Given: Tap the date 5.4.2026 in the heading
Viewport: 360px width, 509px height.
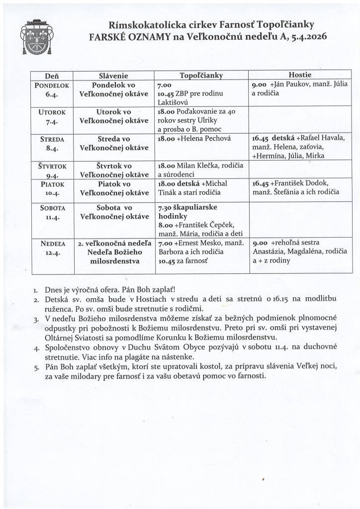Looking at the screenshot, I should tap(307, 36).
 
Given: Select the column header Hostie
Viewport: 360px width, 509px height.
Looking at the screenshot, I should tap(300, 76).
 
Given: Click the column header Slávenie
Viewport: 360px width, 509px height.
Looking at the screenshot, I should tap(114, 76).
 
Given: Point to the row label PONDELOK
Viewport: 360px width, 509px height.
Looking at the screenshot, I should tap(52, 85).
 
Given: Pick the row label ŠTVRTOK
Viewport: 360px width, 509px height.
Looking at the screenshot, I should tap(52, 166).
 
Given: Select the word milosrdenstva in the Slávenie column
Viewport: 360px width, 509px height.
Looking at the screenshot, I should tap(114, 260).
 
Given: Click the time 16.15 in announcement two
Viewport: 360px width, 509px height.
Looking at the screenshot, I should tap(275, 298).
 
